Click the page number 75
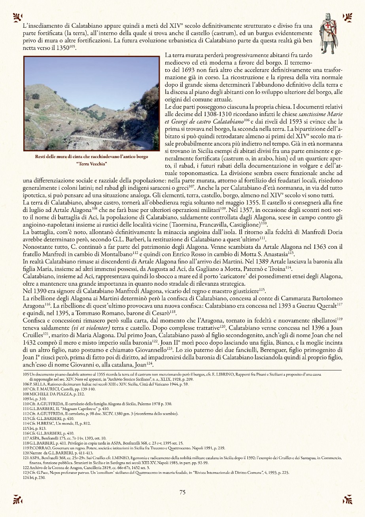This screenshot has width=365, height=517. (182, 492)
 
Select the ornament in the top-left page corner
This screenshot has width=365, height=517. (17, 17)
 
